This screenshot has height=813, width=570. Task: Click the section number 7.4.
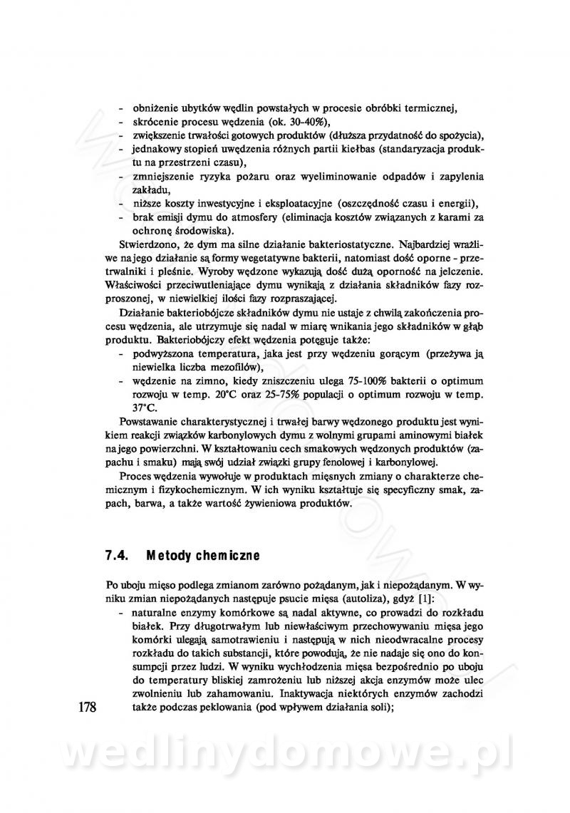point(116,554)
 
